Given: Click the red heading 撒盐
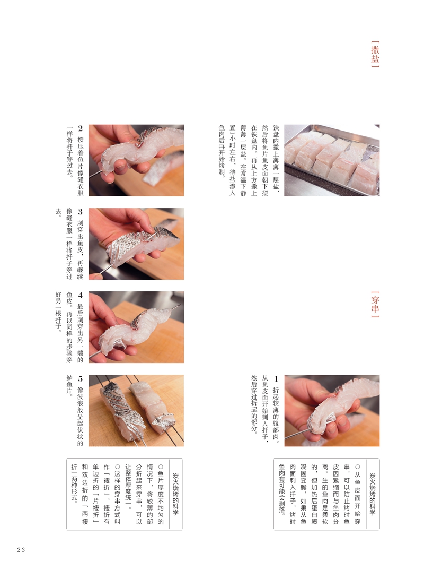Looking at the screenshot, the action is (375, 54).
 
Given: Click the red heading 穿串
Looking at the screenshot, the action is (375, 305).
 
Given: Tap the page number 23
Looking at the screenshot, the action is (21, 550).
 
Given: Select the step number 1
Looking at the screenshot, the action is (276, 379).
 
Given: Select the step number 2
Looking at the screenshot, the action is (80, 128).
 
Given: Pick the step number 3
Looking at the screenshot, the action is (80, 212).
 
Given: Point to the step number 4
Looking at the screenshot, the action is (80, 295).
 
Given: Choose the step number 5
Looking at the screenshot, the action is (80, 379).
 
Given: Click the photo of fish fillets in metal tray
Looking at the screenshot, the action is (332, 160).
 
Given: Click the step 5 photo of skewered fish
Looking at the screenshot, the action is (136, 410).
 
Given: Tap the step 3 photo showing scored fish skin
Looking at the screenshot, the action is (136, 244).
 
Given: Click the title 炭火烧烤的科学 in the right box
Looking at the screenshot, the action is (372, 494).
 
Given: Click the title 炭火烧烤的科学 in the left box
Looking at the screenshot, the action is (175, 494).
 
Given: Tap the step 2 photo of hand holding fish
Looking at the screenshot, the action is (136, 160).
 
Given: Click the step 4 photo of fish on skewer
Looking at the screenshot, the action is (136, 327).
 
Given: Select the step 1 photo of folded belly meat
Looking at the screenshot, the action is (332, 410).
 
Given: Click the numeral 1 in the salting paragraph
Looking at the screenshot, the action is (233, 139).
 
